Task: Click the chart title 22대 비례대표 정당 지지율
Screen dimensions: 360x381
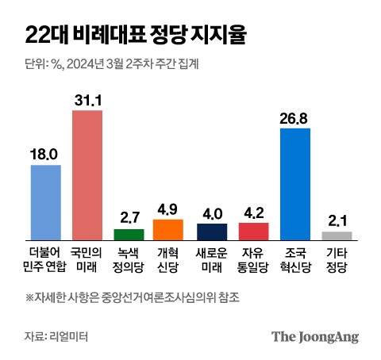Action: [x=135, y=36]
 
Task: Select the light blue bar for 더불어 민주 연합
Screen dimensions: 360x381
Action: [x=45, y=201]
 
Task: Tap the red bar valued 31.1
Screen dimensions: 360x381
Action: [x=87, y=174]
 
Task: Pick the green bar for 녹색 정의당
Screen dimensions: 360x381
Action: [x=129, y=234]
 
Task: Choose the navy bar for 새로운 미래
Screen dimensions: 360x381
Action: [x=212, y=231]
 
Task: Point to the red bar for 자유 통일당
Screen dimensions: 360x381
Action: [x=253, y=231]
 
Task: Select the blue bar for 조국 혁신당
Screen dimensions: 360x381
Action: [x=295, y=183]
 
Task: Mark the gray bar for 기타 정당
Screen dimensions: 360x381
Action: [x=337, y=235]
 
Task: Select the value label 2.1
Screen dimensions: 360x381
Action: [x=337, y=220]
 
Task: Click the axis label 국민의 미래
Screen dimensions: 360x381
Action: [x=87, y=259]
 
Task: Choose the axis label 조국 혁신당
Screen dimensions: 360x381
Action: [x=295, y=259]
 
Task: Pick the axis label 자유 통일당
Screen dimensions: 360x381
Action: [x=253, y=259]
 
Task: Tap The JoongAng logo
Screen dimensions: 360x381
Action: [x=315, y=336]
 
